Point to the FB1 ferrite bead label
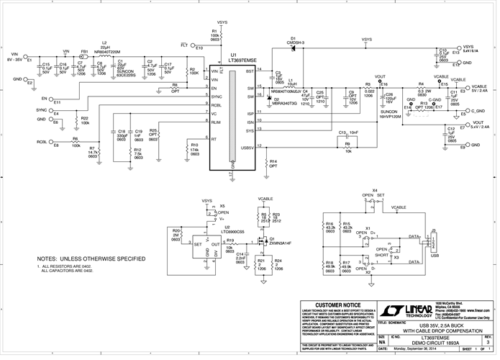[84, 52]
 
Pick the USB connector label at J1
[435, 253]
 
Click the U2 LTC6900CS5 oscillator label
[214, 230]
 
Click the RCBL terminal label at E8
[42, 142]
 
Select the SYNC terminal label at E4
[42, 110]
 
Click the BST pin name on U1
[250, 71]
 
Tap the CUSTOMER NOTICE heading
[337, 304]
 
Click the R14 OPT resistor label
[273, 163]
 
